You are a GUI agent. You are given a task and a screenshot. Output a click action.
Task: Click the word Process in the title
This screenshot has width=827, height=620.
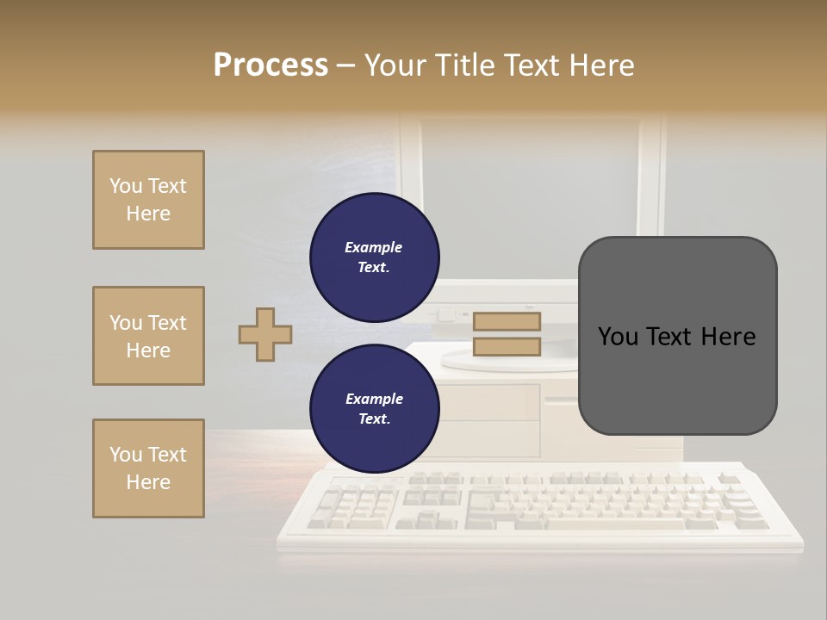point(270,65)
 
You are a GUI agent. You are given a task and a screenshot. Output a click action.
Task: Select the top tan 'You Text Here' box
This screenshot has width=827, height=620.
point(148,200)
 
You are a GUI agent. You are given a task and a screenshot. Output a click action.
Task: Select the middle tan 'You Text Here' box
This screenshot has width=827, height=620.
point(148,336)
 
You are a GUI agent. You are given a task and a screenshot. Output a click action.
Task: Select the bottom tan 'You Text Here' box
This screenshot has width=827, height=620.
point(148,468)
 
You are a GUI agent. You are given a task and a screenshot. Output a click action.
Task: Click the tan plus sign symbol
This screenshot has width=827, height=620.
point(265,334)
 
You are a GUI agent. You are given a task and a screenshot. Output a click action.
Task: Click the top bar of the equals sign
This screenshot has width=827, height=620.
point(507,321)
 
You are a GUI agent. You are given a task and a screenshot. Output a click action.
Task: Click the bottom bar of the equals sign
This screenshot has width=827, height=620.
point(507,346)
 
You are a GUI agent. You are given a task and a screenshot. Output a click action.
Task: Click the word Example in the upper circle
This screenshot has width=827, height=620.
point(373,247)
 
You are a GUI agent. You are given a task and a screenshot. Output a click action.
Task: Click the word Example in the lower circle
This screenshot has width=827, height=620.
point(374,399)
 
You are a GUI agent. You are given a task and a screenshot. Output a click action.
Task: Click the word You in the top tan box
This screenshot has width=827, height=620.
point(125,186)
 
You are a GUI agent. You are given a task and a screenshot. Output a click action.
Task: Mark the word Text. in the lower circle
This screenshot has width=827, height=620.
point(374,419)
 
